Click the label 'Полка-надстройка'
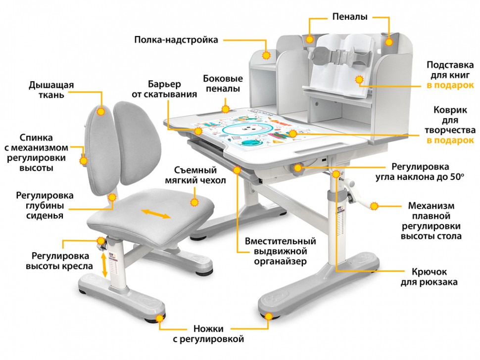176,40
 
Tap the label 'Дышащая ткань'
51,90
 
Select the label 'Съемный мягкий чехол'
195,175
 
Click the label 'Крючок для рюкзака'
429,277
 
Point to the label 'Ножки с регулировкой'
208,334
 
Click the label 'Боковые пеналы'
223,84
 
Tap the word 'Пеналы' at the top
350,16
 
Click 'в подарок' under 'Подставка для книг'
450,85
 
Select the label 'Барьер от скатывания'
164,89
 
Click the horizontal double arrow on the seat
155,214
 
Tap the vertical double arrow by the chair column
104,266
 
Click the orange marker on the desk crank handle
374,206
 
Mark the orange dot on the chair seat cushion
194,202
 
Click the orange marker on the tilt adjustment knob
298,168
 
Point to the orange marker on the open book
359,80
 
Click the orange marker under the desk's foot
269,316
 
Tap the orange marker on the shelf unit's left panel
266,55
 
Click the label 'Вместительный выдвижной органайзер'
281,251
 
